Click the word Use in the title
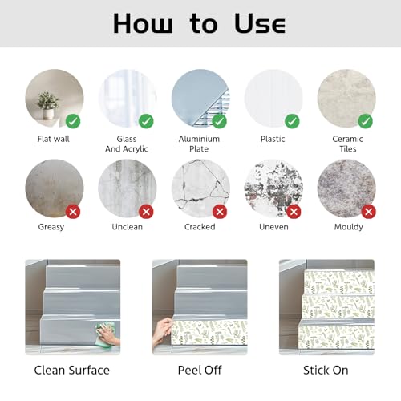260,23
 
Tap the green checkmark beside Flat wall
73,121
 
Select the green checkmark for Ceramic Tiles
365,121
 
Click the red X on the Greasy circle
73,212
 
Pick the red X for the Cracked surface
220,212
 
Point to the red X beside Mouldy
368,212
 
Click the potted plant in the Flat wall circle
48,105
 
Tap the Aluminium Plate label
199,144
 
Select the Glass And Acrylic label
127,144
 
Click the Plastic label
273,139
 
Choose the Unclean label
128,227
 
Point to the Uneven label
273,227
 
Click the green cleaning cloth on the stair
106,334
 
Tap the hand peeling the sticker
162,331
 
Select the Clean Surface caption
72,371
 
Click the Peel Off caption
200,371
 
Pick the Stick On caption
326,371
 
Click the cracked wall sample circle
200,188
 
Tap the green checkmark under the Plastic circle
292,121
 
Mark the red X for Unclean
146,212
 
